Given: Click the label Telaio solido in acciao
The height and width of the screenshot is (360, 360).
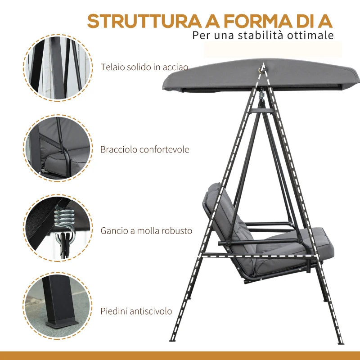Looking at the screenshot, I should [x=144, y=67].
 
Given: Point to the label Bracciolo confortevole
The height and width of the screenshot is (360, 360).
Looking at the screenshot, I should [x=144, y=149].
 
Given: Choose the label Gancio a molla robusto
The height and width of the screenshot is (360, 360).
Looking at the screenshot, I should [x=146, y=231].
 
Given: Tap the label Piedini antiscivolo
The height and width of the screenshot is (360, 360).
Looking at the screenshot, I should [x=136, y=311].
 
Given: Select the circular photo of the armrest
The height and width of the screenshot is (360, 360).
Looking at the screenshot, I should [x=58, y=148].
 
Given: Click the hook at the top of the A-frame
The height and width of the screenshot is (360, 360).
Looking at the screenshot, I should [x=261, y=69].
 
